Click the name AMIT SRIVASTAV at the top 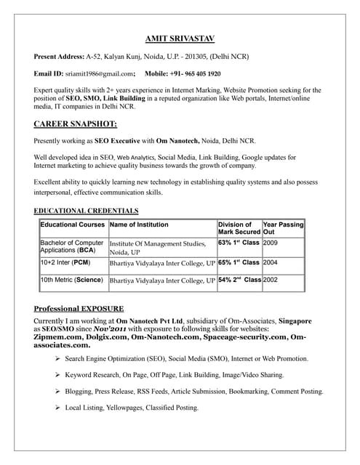180,39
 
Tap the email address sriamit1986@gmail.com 100,73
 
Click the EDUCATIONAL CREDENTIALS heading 86,211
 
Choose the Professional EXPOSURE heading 79,308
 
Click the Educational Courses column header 73,225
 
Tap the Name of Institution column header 138,225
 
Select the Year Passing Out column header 283,228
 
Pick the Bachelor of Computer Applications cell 72,246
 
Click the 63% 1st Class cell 239,243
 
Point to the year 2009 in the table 271,243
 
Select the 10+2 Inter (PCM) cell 65,262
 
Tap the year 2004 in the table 271,262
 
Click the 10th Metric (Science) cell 71,279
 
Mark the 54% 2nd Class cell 239,279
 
